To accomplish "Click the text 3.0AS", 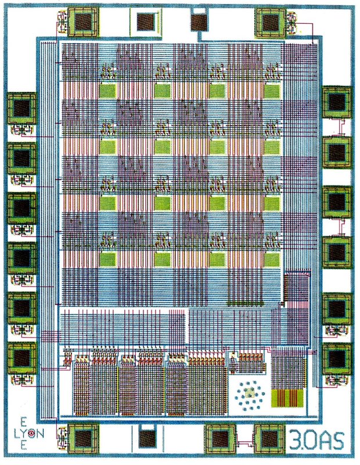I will tap(317, 439).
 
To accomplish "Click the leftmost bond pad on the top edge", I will tap(82, 22).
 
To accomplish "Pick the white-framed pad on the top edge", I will tap(144, 22).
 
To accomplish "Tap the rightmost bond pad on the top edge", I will tap(271, 22).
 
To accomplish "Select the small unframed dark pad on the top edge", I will tap(199, 22).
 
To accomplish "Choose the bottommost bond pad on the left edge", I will tap(21, 356).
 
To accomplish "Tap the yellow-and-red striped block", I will tap(286, 398).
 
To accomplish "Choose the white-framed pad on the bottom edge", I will tap(149, 437).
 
